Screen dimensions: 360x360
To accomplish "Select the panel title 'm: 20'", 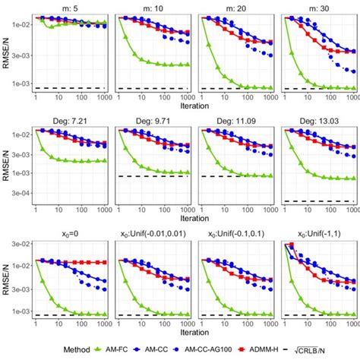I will pos(234,6).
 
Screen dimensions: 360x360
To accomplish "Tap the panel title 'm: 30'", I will pos(317,6).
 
